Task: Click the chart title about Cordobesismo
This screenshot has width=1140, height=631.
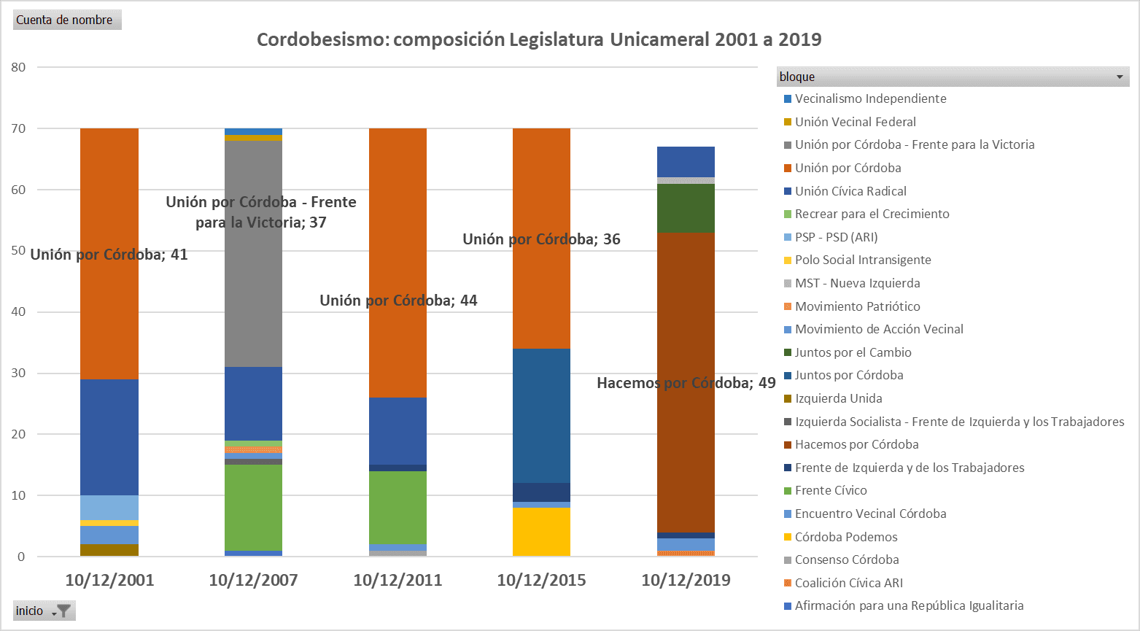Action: pos(538,39)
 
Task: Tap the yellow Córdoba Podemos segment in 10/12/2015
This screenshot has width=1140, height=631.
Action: pos(541,532)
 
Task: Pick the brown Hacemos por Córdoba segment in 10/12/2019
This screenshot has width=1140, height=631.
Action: pos(686,438)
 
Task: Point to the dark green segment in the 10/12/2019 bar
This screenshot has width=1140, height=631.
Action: pos(686,208)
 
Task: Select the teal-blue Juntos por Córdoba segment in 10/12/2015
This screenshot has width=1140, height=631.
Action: pos(541,415)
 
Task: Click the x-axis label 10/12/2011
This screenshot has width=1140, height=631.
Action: pos(398,580)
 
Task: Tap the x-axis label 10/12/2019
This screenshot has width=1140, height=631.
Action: pos(686,580)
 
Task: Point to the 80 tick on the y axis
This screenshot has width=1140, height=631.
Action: pos(18,67)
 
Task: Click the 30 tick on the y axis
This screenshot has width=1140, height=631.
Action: pos(18,373)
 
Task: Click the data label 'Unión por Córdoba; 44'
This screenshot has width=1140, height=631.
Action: pos(398,301)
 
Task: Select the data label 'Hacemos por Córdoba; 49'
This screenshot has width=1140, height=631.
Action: pos(686,383)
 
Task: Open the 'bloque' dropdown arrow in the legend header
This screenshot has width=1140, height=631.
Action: pos(1120,77)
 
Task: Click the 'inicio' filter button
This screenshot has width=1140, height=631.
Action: pos(44,611)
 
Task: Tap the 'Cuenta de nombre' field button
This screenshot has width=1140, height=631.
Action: pos(66,20)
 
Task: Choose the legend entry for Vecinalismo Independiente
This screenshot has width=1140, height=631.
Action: pos(870,98)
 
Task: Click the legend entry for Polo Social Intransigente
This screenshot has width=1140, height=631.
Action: pos(862,260)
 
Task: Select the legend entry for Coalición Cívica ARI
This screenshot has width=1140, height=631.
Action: pos(848,583)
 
